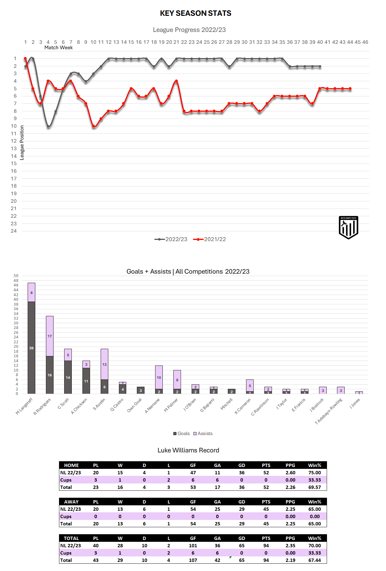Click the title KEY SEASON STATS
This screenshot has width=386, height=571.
pyautogui.click(x=196, y=13)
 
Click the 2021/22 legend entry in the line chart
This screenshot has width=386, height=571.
pyautogui.click(x=210, y=239)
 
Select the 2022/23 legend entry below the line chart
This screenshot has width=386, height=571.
pyautogui.click(x=171, y=239)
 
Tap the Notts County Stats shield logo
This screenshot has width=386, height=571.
pyautogui.click(x=348, y=227)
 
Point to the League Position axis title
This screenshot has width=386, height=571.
pyautogui.click(x=22, y=143)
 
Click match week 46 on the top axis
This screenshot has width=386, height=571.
pyautogui.click(x=365, y=42)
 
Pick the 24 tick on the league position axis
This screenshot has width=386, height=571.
pyautogui.click(x=14, y=231)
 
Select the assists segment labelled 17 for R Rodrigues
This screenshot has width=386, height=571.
pyautogui.click(x=50, y=336)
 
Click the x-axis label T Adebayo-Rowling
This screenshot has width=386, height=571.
pyautogui.click(x=329, y=411)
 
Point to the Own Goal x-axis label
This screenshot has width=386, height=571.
pyautogui.click(x=134, y=405)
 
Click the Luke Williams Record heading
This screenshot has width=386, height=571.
pyautogui.click(x=188, y=450)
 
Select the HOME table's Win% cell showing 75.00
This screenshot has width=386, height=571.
pyautogui.click(x=315, y=473)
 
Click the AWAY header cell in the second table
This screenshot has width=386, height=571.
pyautogui.click(x=71, y=502)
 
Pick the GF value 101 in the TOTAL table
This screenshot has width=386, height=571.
pyautogui.click(x=193, y=546)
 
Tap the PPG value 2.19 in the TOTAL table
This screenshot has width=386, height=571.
pyautogui.click(x=290, y=560)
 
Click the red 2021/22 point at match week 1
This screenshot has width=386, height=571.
pyautogui.click(x=25, y=58)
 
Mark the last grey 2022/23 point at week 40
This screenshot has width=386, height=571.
pyautogui.click(x=320, y=66)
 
